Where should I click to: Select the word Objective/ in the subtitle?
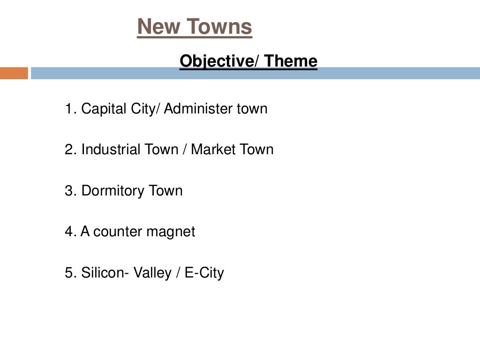219,61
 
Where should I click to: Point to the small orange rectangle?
14,73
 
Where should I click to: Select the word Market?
213,150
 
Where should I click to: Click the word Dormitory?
113,191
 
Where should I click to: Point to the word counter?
118,232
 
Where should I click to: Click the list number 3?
69,191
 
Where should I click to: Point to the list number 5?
69,272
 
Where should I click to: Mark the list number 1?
69,109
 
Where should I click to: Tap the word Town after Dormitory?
165,191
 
